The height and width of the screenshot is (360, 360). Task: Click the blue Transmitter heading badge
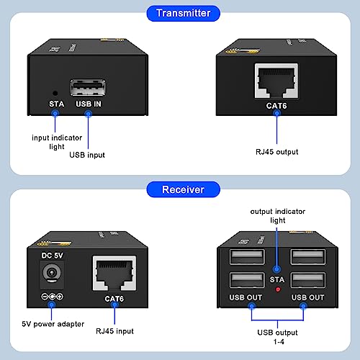pyautogui.click(x=179, y=13)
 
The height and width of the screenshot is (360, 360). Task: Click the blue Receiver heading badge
pyautogui.click(x=179, y=189)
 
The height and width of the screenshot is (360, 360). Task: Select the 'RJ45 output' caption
pyautogui.click(x=276, y=151)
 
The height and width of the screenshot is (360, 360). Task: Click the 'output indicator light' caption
pyautogui.click(x=277, y=215)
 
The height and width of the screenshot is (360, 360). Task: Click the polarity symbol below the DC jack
pyautogui.click(x=51, y=297)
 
